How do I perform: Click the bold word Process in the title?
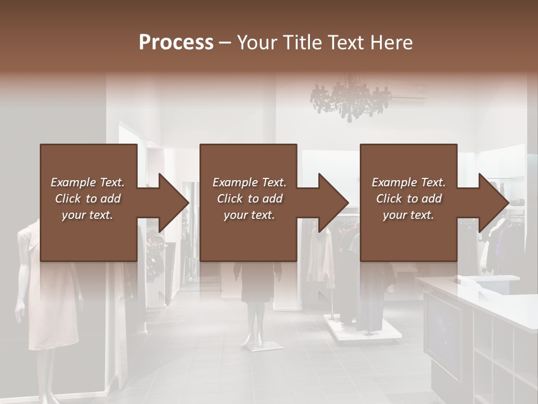176,43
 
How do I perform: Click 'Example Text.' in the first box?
87,182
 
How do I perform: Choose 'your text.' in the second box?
249,215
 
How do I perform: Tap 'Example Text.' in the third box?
409,182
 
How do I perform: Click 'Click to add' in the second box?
249,199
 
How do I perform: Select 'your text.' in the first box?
87,215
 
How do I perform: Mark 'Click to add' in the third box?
409,199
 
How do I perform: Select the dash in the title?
225,43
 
